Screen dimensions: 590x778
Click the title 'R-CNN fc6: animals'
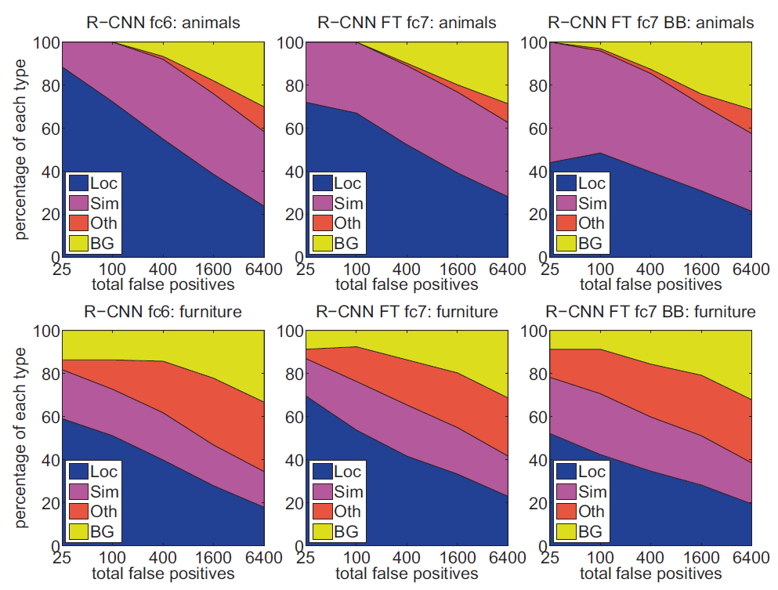162,23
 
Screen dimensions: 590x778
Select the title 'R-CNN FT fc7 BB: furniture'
650,312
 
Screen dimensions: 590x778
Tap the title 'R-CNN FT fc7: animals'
407,23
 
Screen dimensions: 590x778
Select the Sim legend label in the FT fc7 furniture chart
348,492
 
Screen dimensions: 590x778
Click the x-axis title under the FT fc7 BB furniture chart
650,573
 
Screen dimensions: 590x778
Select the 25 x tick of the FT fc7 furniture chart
306,558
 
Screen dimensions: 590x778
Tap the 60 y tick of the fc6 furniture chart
49,417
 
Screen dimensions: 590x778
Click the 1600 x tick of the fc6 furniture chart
212,558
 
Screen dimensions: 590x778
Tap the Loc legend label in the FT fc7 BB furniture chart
592,472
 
